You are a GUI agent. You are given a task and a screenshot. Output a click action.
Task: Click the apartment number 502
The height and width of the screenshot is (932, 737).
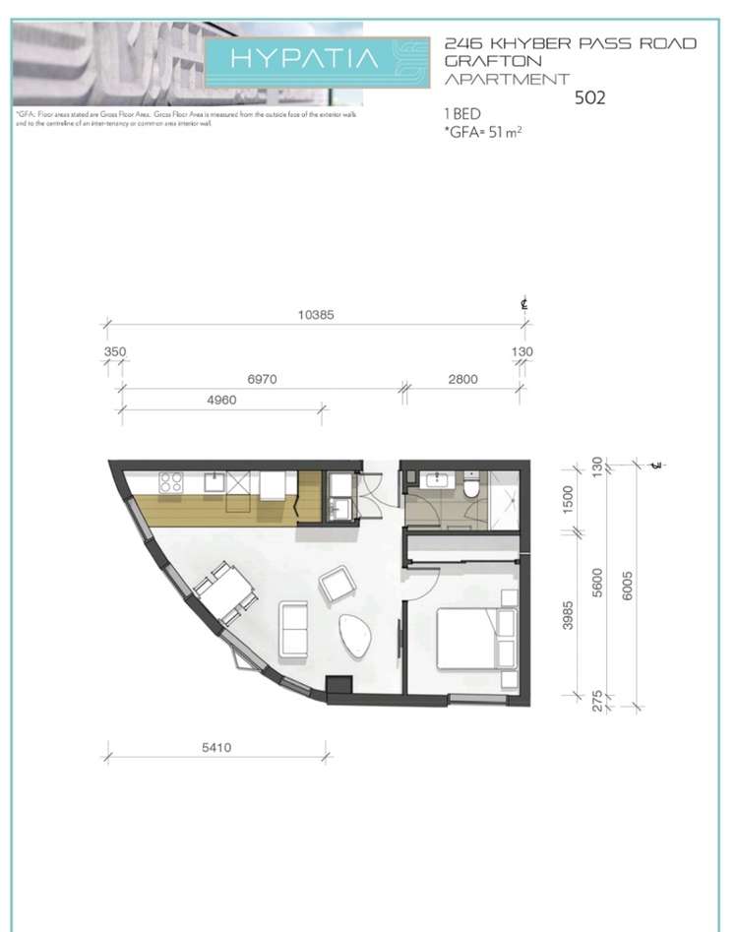592,97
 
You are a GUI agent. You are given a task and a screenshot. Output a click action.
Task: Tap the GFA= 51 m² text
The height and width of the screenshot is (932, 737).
483,130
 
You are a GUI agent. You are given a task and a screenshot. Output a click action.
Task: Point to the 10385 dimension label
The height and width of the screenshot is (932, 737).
317,316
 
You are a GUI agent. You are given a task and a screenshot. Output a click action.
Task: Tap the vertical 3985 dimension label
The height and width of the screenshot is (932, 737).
567,614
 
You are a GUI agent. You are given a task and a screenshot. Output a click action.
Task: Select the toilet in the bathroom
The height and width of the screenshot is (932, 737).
471,485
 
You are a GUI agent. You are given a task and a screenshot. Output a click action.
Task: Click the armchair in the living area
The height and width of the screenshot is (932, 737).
338,586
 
